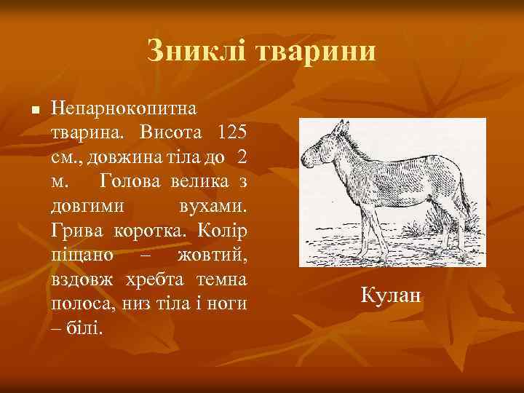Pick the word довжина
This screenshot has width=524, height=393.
click(x=145, y=158)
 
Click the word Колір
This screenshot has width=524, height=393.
click(x=222, y=230)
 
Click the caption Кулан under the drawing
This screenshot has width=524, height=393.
click(x=391, y=295)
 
